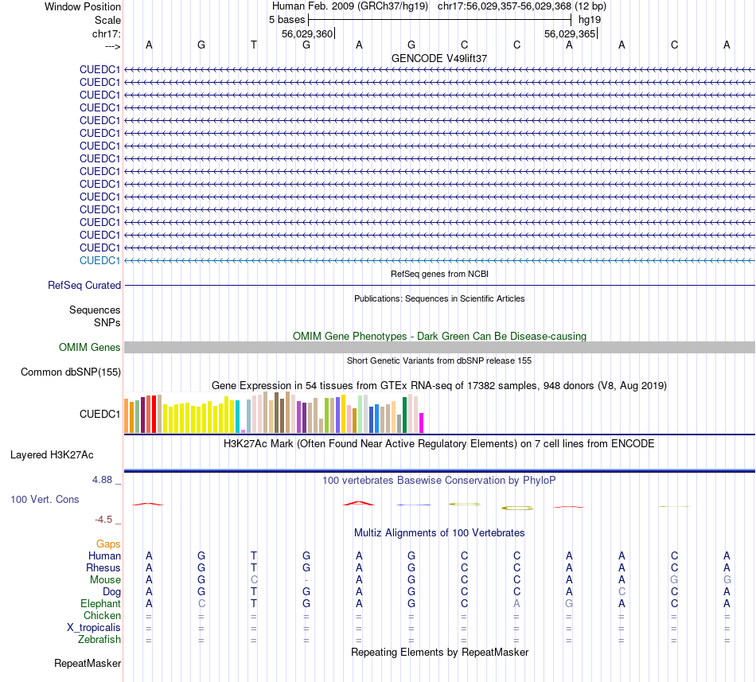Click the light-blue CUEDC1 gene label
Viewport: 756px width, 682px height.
[99, 260]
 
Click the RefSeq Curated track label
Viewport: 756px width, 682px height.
[84, 285]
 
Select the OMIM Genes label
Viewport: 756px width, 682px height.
[90, 347]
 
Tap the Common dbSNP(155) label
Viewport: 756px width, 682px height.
[71, 372]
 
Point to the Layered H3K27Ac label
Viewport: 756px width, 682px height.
[52, 455]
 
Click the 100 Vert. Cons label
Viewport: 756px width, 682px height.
[45, 499]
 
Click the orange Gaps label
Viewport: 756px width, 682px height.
[108, 544]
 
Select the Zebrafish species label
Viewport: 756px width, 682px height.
[99, 639]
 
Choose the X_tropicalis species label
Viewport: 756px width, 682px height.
[94, 627]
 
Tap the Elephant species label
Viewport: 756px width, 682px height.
[100, 603]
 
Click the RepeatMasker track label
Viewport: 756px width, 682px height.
[88, 663]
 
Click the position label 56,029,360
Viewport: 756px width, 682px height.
[307, 33]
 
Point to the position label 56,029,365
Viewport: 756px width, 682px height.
[569, 33]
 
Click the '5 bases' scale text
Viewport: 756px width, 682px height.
[286, 18]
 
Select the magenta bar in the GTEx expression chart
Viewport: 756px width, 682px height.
[422, 423]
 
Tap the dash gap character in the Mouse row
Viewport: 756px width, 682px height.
[306, 579]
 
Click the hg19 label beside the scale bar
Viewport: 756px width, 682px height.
[590, 18]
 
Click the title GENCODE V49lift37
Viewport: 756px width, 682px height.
[439, 58]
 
